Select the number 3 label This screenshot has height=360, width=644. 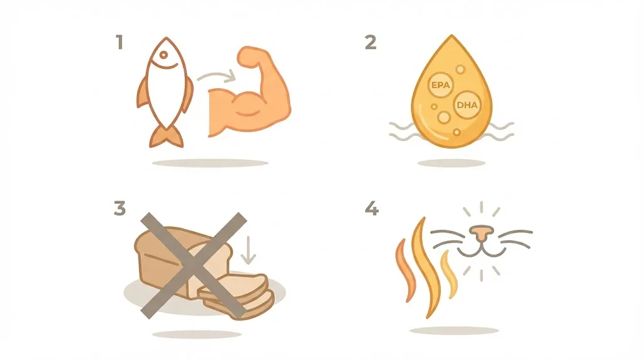[x=119, y=208]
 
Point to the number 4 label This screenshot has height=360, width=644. [x=372, y=208]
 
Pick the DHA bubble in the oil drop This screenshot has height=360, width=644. [x=466, y=106]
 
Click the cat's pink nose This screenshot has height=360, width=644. [x=481, y=233]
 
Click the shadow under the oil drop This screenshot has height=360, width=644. [x=452, y=163]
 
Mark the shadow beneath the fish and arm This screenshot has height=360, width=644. [x=210, y=163]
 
